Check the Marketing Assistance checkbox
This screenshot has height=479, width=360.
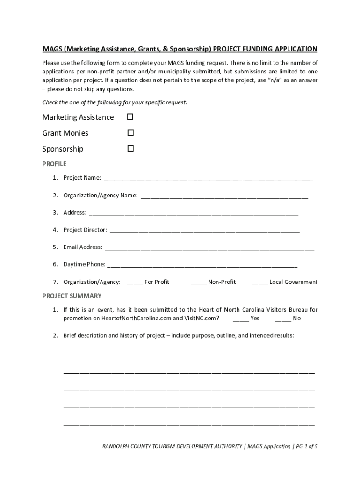(130, 116)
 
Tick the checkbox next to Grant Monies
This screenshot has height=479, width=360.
(130, 133)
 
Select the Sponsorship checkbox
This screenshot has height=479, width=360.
(130, 149)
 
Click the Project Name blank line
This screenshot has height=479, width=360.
(208, 178)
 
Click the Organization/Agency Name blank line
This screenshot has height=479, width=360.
(224, 196)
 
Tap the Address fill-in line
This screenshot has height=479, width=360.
(193, 213)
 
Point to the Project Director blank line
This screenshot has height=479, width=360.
(204, 230)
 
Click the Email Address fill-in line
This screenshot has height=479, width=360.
(209, 247)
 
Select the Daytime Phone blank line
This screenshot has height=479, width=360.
(202, 265)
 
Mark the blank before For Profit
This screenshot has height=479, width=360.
(135, 283)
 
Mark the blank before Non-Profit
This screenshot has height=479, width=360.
(198, 283)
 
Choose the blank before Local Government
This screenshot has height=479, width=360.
(259, 283)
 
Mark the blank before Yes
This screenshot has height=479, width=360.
(241, 319)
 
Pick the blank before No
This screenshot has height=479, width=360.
(283, 319)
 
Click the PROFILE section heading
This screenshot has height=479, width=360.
(54, 164)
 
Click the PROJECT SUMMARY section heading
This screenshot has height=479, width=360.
(72, 296)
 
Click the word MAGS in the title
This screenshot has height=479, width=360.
(52, 49)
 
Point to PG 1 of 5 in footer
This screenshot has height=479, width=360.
(308, 446)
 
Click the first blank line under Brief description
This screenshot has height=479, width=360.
(189, 354)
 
